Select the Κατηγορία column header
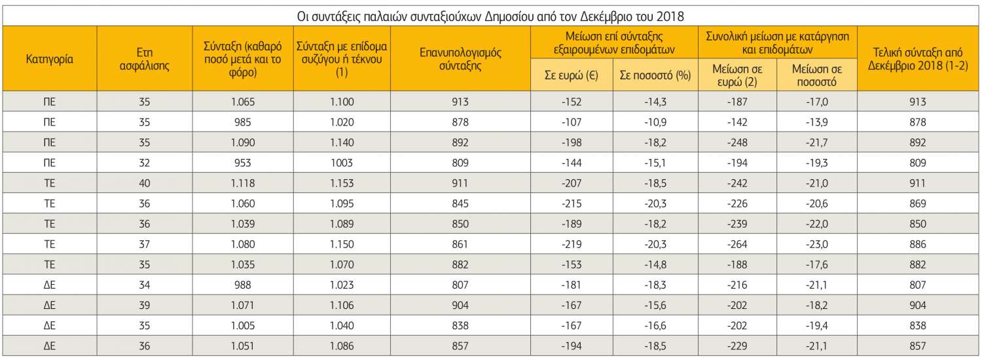point(49,59)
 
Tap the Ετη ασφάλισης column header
point(145,59)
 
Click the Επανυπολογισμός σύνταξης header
point(460,59)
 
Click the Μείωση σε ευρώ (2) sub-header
point(738,75)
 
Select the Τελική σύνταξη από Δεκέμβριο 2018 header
point(918,59)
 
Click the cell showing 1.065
point(243,102)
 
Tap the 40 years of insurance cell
point(145,183)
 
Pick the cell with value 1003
point(342,163)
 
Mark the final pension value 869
point(918,204)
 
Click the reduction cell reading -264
point(738,244)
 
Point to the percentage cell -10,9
point(655,122)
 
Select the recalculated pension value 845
point(460,204)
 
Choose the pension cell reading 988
point(243,285)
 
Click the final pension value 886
point(918,244)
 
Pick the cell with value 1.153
point(342,183)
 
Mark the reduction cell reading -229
point(738,346)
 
